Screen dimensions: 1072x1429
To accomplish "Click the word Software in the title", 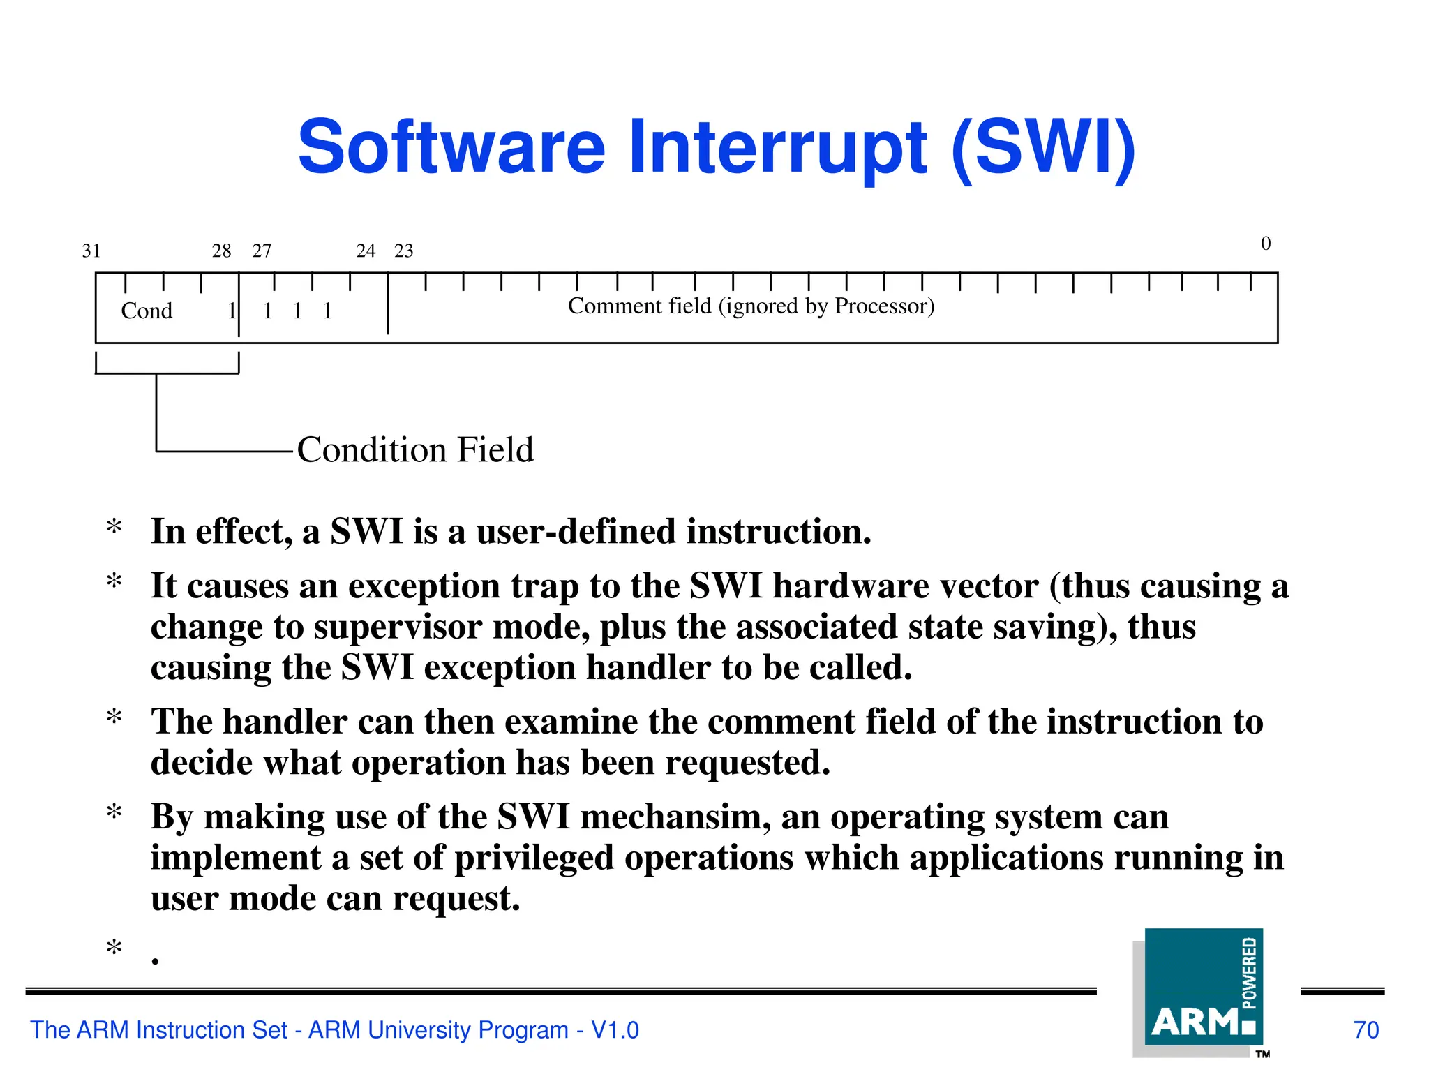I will pyautogui.click(x=451, y=148).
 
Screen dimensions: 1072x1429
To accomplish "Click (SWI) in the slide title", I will pyautogui.click(x=1044, y=148).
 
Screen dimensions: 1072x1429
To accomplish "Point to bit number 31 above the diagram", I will pyautogui.click(x=91, y=251).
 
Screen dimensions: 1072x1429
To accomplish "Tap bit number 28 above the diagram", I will pyautogui.click(x=221, y=251).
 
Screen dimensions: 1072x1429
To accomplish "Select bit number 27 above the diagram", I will pyautogui.click(x=262, y=251).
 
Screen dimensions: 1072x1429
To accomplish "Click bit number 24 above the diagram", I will pyautogui.click(x=366, y=251).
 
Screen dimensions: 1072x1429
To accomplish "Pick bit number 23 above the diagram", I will pyautogui.click(x=404, y=251).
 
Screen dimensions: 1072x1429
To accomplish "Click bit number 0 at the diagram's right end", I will pyautogui.click(x=1266, y=244).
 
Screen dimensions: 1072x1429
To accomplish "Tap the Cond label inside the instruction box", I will pyautogui.click(x=147, y=311).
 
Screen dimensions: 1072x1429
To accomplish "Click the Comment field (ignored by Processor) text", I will pyautogui.click(x=751, y=306).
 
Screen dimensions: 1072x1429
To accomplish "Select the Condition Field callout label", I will pyautogui.click(x=415, y=449).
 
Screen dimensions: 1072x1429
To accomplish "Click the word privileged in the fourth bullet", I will pyautogui.click(x=534, y=858).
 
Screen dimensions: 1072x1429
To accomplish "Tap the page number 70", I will pyautogui.click(x=1366, y=1030).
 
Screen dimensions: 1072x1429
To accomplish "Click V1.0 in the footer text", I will pyautogui.click(x=615, y=1030).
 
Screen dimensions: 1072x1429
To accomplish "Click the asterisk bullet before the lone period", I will pyautogui.click(x=114, y=948).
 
